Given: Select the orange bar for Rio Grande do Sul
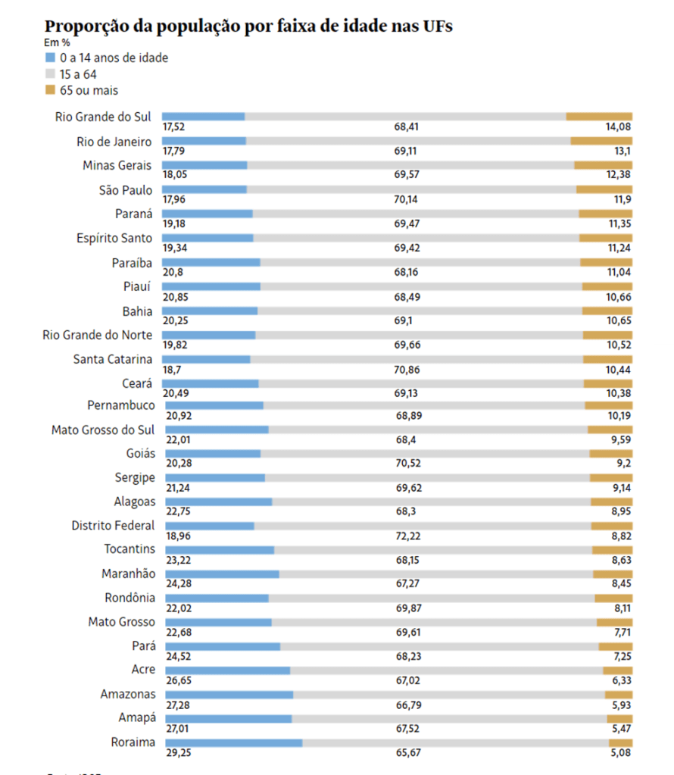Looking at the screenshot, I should click(x=599, y=116).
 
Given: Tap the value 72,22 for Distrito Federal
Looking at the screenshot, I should click(x=408, y=536).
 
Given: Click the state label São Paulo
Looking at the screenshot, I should click(x=126, y=190).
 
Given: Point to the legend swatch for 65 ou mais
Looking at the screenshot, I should click(x=51, y=90).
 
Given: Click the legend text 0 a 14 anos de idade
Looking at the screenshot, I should click(x=114, y=58).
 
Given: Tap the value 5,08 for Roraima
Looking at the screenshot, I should click(x=619, y=753).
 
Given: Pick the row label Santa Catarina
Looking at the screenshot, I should click(x=113, y=359).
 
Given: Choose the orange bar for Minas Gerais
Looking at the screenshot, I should click(x=603, y=164).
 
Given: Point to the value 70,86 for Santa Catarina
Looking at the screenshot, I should click(x=407, y=370).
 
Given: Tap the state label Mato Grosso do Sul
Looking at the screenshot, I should click(x=103, y=430).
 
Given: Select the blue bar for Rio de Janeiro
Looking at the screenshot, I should click(x=204, y=140).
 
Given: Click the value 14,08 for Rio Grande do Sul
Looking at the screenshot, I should click(x=618, y=127).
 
